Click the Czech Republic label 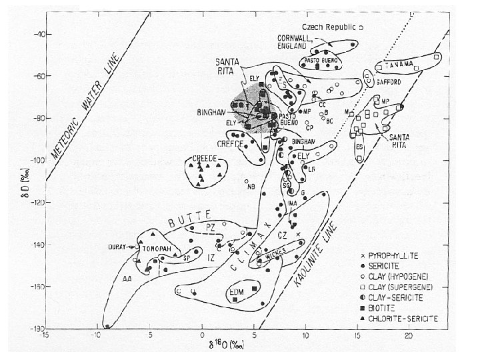329,27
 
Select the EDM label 237,291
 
